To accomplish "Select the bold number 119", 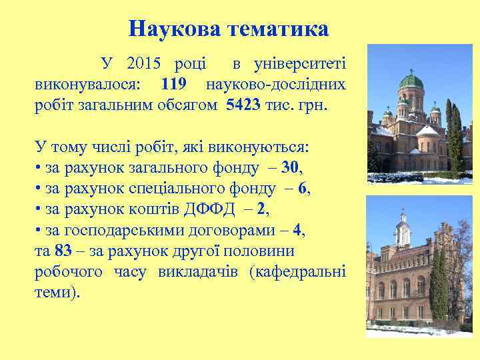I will point(175,85).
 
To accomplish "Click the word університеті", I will point(298,65).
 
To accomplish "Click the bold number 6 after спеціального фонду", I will point(304,189).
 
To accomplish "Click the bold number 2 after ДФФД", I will point(261,209).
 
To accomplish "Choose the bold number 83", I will point(63,251).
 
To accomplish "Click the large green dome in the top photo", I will point(411,83).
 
